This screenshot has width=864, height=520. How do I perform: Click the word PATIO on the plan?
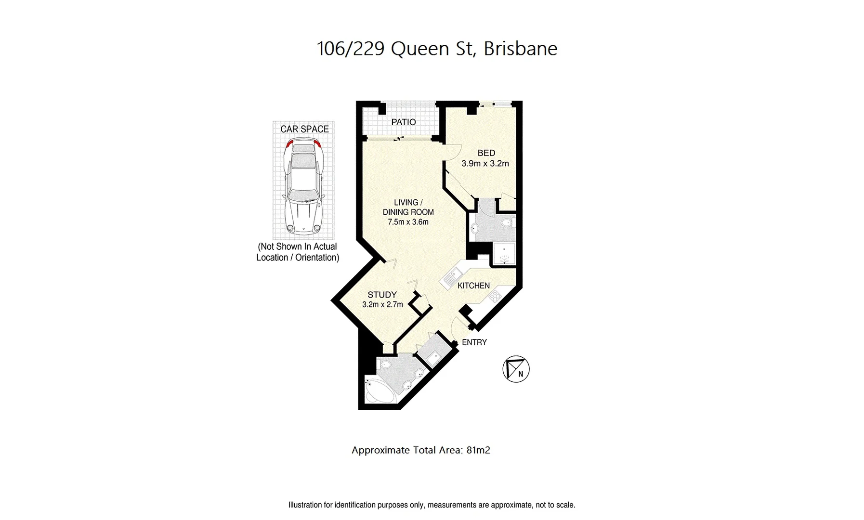click(403, 122)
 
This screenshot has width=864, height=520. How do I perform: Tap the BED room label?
click(486, 153)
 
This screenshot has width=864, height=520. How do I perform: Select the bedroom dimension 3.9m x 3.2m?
click(485, 164)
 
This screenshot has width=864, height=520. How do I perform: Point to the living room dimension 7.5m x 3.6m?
click(408, 222)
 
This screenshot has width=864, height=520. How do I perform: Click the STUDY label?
click(382, 295)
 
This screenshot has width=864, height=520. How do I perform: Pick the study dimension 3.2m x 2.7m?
click(382, 304)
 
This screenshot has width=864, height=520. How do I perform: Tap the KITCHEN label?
click(473, 286)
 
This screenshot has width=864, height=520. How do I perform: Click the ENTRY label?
click(474, 342)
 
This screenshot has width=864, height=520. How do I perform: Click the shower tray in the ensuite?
click(503, 255)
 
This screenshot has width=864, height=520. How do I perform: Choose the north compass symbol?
click(516, 369)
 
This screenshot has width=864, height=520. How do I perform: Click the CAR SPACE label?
click(304, 129)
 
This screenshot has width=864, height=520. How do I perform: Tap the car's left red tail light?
click(288, 143)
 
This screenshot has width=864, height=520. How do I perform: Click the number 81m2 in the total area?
click(478, 451)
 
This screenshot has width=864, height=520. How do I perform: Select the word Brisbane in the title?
click(520, 49)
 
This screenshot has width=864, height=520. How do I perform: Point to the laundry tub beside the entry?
click(433, 357)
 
